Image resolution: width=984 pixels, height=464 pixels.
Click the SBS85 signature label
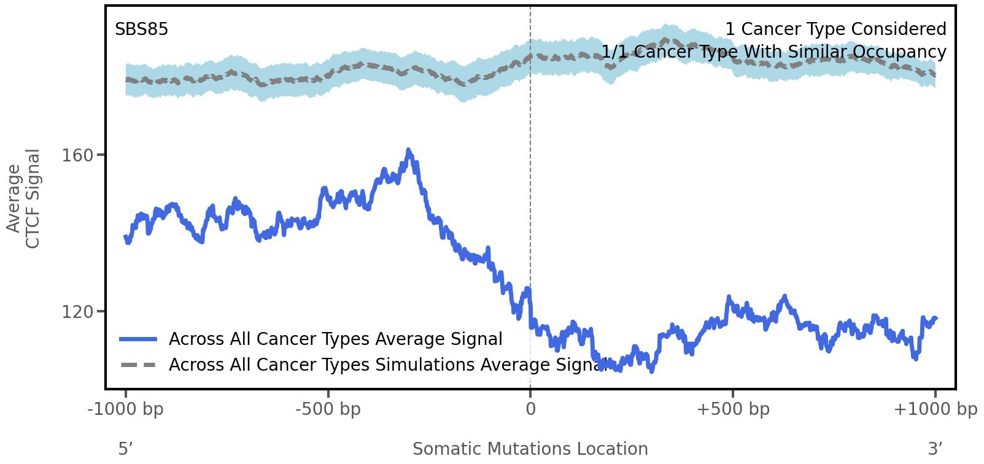pos(141,29)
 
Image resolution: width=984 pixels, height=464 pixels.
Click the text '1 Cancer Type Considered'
pos(835,29)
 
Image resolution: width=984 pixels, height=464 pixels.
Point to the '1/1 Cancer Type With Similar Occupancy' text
pos(773,52)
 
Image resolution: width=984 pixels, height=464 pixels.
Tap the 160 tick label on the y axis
pos(77,155)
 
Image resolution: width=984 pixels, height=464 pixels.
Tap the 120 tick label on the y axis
pos(77,312)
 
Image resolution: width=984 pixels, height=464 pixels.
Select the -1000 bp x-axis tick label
pos(126,409)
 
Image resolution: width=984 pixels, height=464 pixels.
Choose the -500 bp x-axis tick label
pos(328,409)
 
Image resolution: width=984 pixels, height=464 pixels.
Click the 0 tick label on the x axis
pos(530,409)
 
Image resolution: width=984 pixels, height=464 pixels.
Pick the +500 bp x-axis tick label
pos(733,409)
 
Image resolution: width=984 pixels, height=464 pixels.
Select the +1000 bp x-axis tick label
pos(935,409)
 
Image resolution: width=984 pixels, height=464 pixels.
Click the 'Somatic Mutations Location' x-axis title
pos(530,449)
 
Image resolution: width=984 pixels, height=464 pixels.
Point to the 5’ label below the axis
pos(126,449)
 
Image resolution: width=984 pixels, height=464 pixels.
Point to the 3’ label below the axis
pos(935,449)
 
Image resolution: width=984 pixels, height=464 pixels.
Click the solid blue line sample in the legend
pos(139,339)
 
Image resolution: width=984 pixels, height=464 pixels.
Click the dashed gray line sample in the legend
pos(139,365)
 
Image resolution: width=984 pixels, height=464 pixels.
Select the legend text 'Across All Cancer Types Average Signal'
pos(335,339)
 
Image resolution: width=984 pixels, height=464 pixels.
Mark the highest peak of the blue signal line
pos(408,150)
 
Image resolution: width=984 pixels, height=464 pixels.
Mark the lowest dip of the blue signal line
pos(651,371)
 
